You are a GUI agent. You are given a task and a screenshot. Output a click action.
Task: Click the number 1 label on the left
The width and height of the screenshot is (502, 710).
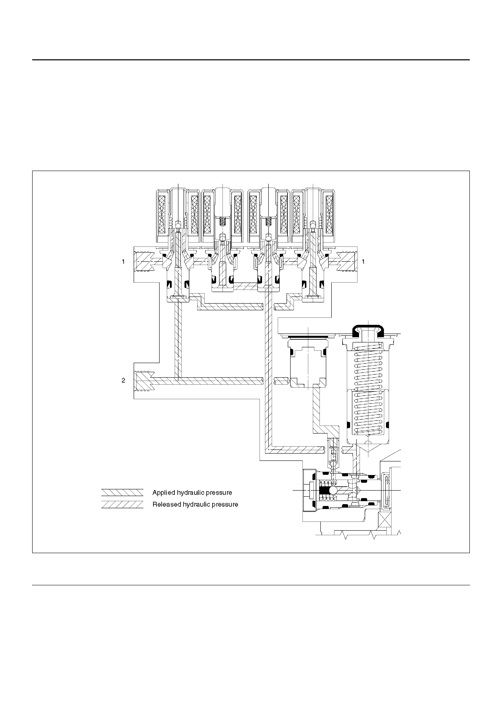pyautogui.click(x=123, y=262)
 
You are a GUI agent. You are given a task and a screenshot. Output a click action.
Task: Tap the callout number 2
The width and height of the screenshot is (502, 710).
pyautogui.click(x=123, y=380)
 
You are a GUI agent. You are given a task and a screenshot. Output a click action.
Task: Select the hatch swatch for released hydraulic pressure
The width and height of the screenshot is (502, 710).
pyautogui.click(x=122, y=504)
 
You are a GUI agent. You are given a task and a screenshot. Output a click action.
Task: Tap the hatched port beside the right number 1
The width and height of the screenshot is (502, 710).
pyautogui.click(x=345, y=262)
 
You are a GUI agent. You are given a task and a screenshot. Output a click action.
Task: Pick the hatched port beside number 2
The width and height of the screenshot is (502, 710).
pyautogui.click(x=144, y=380)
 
